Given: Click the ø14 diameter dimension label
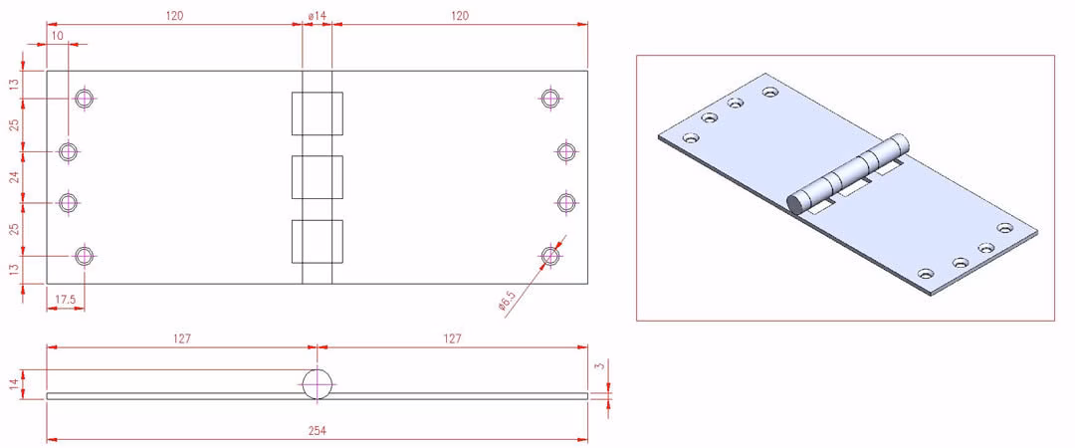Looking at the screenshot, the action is tap(317, 15).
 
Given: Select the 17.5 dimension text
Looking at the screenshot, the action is tap(64, 300).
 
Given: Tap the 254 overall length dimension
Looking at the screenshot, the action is tap(317, 431).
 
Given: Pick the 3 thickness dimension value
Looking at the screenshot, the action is tap(602, 366).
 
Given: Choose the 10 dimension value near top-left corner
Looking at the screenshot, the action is tap(57, 35).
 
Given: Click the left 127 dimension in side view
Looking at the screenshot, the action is tap(181, 338).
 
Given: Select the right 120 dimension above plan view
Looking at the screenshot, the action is tap(460, 15).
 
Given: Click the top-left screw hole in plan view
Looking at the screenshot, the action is tap(85, 99).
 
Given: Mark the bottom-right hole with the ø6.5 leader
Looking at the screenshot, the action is tap(549, 256).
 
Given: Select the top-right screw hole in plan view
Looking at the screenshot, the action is tap(548, 99).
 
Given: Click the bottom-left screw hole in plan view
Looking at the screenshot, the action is tap(85, 256).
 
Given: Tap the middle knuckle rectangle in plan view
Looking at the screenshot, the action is tap(317, 177).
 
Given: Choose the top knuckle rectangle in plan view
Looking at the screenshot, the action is tap(317, 113).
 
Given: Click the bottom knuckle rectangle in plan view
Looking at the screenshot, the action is tap(317, 241).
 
